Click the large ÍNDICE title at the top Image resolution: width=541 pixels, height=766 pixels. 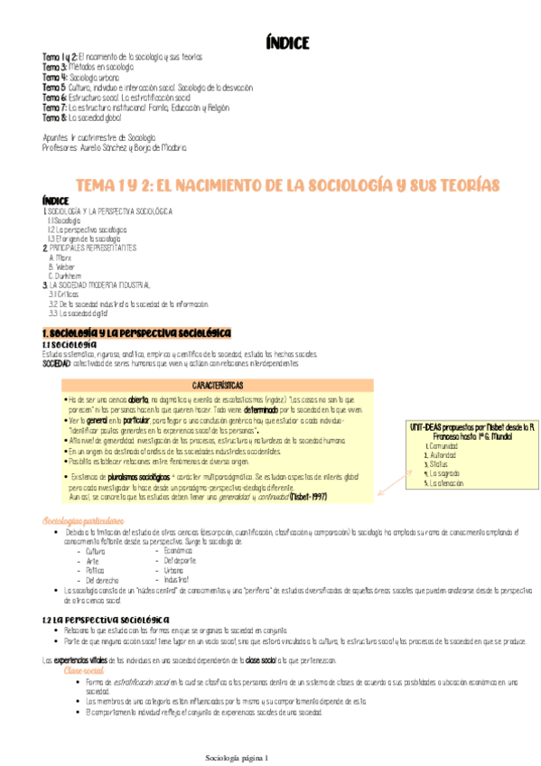pos(288,42)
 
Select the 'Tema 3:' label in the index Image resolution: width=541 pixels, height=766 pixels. pos(53,68)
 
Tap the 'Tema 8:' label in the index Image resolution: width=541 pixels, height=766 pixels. pos(54,117)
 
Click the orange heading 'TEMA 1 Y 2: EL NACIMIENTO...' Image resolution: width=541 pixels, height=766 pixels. pos(287,184)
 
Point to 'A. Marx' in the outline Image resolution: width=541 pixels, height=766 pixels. pos(59,257)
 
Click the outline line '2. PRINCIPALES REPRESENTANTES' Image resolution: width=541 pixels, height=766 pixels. pos(89,247)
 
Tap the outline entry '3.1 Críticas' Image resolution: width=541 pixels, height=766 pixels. pos(64,294)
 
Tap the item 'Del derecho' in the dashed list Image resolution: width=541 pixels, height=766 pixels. pos(105,579)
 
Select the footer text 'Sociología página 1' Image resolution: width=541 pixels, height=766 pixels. pos(238,756)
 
